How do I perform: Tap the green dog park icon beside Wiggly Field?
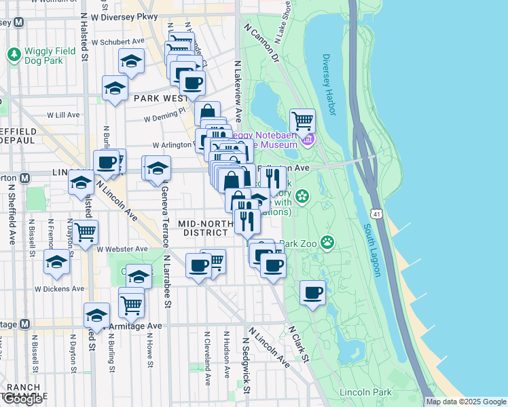tap(14, 54)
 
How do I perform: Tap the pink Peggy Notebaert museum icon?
tap(307, 140)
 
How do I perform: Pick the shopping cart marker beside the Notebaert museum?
tap(302, 122)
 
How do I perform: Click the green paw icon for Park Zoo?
tap(328, 241)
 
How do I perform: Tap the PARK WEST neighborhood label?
tap(160, 98)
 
